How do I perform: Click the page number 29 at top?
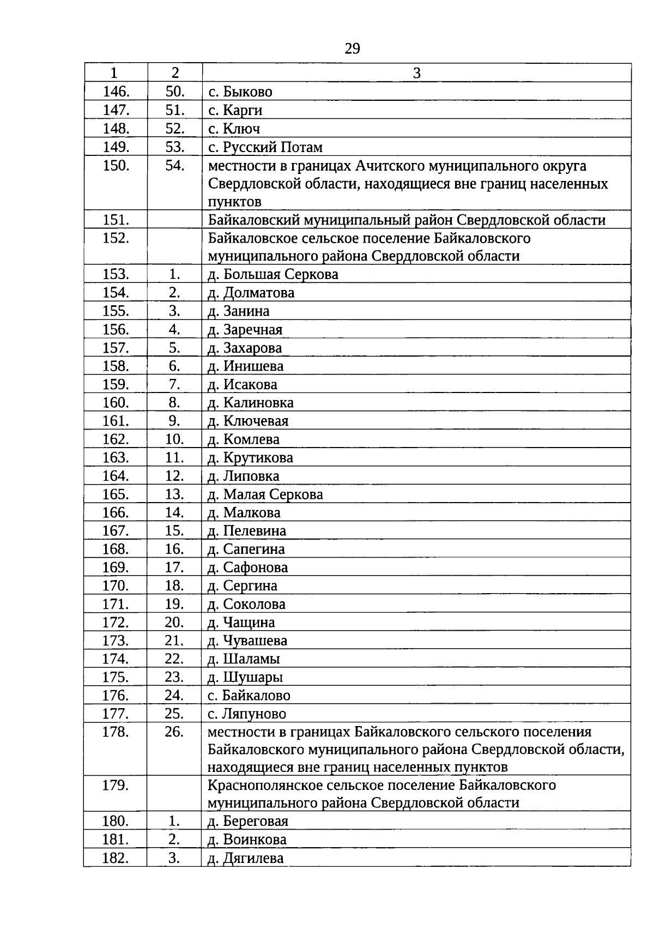353,49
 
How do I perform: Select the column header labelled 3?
416,73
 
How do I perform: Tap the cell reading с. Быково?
240,92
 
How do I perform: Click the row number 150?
116,166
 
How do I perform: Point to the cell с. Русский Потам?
265,147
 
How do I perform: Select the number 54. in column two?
175,166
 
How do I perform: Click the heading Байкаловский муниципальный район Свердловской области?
407,220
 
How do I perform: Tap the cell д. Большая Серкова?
273,274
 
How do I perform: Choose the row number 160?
116,403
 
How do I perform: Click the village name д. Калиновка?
251,403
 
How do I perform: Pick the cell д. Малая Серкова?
265,494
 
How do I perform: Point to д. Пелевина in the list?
247,531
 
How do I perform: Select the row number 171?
116,604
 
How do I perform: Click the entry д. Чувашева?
247,641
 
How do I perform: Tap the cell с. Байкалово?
249,696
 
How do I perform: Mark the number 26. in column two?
174,732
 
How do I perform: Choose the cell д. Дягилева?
246,859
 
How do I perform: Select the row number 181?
116,840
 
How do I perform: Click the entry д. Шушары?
245,678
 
